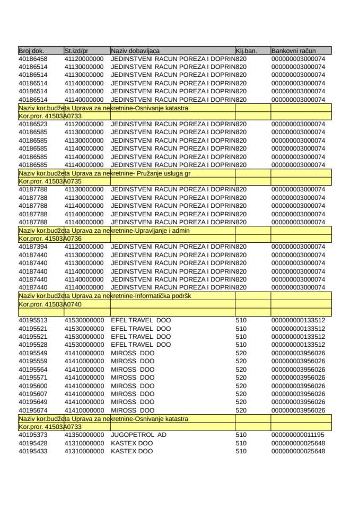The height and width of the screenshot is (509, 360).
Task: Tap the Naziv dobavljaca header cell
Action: pyautogui.click(x=135, y=51)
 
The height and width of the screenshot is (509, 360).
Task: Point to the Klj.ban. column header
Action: pyautogui.click(x=246, y=51)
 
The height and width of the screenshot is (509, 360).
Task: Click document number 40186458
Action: pyautogui.click(x=33, y=59)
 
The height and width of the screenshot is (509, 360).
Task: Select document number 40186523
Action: pyautogui.click(x=33, y=124)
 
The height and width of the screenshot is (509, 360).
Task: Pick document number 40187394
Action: pyautogui.click(x=33, y=247)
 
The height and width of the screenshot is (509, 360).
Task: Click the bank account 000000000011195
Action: pyautogui.click(x=298, y=435)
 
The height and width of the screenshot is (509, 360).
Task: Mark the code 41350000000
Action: pyautogui.click(x=84, y=435)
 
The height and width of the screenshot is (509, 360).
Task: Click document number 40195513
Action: pyautogui.click(x=33, y=320)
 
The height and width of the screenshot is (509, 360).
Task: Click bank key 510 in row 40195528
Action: pyautogui.click(x=241, y=345)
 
